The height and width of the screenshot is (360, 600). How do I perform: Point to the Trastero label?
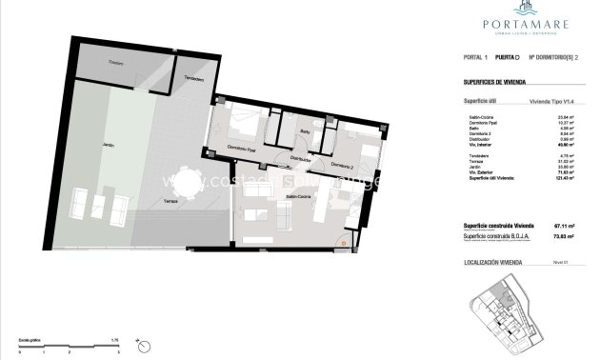tap(117, 63)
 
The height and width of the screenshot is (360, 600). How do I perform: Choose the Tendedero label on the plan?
tap(193, 78)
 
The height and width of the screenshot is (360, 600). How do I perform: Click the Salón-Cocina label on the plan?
tap(298, 196)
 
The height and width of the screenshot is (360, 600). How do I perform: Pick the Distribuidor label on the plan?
tap(302, 159)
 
